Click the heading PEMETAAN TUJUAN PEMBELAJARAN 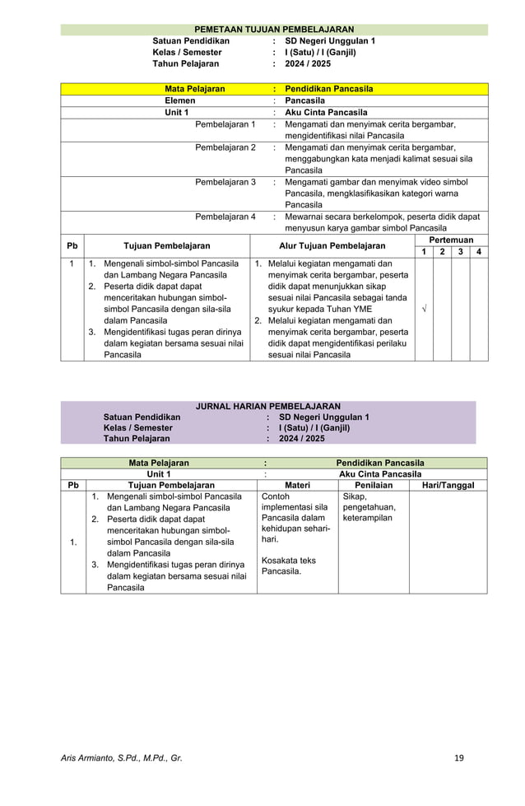click(274, 29)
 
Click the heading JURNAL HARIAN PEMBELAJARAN click(267, 407)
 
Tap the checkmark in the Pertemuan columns click(423, 308)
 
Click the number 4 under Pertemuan click(479, 251)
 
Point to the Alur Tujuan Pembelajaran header click(332, 245)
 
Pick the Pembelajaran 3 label click(225, 182)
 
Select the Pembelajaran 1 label click(225, 124)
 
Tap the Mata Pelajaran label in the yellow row click(195, 88)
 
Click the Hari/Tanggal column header click(448, 486)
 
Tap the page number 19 click(459, 757)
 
